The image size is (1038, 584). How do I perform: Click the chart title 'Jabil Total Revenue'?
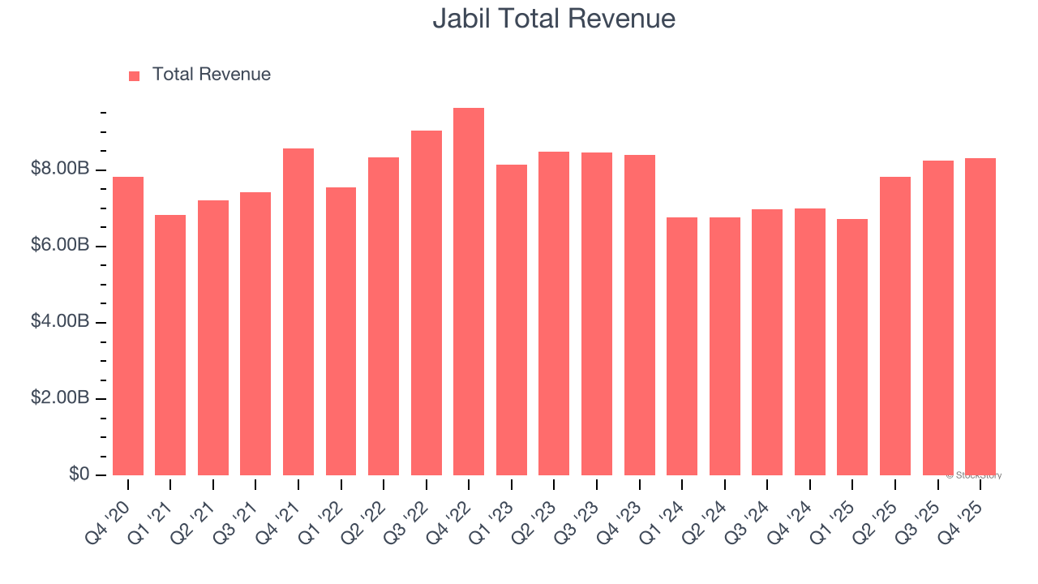point(554,18)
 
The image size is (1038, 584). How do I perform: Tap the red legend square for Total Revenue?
point(135,75)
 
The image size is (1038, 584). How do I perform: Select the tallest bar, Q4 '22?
point(469,292)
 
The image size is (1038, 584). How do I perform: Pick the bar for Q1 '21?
point(170,345)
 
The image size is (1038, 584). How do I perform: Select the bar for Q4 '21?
point(298,312)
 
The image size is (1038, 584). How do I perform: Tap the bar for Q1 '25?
point(852,347)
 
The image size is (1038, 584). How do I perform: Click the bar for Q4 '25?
point(980,316)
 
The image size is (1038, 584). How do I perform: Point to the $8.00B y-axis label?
point(60,169)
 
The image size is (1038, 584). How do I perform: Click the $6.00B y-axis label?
point(60,245)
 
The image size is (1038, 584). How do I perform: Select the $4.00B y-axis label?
point(60,321)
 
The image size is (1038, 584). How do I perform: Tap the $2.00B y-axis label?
point(60,397)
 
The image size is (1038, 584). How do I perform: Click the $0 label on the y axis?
point(79,474)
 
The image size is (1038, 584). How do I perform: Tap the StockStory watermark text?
point(974,475)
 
